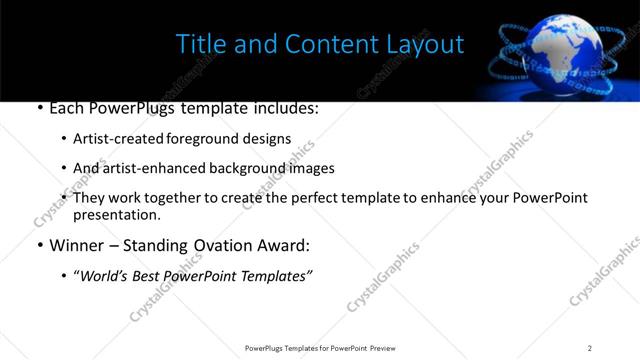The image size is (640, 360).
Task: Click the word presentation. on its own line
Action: [x=116, y=214]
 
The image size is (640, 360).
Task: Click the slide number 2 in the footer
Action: [x=590, y=348]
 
